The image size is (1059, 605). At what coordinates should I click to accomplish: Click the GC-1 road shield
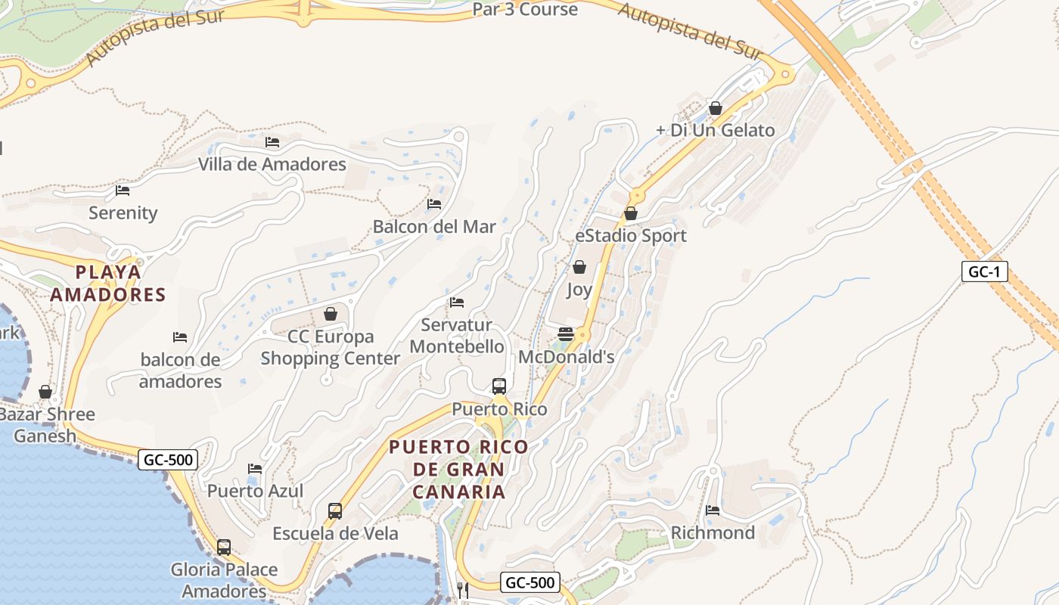(x=985, y=271)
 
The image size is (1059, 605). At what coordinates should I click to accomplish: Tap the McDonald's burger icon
(x=566, y=334)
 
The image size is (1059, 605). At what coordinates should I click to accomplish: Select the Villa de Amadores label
(x=272, y=164)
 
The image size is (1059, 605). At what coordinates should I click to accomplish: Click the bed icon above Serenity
(x=123, y=191)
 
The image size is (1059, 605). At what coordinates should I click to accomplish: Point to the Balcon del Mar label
(x=434, y=226)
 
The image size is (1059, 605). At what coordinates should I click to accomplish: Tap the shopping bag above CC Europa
(x=331, y=313)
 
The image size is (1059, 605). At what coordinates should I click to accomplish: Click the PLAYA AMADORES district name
(x=108, y=283)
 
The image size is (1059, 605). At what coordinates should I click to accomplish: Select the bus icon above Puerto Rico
(x=499, y=386)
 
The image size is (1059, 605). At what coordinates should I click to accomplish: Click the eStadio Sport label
(x=631, y=235)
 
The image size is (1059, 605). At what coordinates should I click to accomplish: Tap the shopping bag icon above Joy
(x=579, y=267)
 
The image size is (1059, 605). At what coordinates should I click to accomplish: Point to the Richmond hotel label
(x=713, y=532)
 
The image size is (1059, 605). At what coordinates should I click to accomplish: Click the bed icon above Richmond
(x=713, y=510)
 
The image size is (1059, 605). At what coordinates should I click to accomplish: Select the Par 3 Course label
(x=525, y=10)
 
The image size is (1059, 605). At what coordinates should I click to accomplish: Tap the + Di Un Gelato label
(x=716, y=130)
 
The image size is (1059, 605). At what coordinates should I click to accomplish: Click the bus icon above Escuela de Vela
(x=335, y=511)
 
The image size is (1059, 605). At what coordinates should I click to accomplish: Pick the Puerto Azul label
(x=256, y=491)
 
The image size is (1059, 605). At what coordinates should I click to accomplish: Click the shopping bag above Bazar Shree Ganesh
(x=45, y=392)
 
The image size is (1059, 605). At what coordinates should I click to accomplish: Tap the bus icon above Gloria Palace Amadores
(x=224, y=547)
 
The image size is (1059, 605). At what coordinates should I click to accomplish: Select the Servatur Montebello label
(x=457, y=336)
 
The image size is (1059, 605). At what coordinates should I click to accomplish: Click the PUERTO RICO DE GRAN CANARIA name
(x=459, y=469)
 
